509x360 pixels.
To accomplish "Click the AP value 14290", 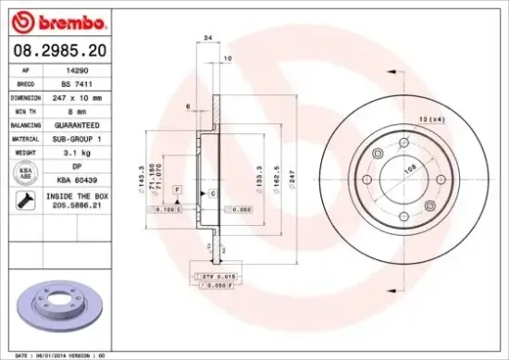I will pyautogui.click(x=75, y=68).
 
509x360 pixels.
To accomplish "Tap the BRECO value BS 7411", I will pyautogui.click(x=75, y=81).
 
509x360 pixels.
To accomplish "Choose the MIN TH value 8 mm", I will pyautogui.click(x=75, y=109).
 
